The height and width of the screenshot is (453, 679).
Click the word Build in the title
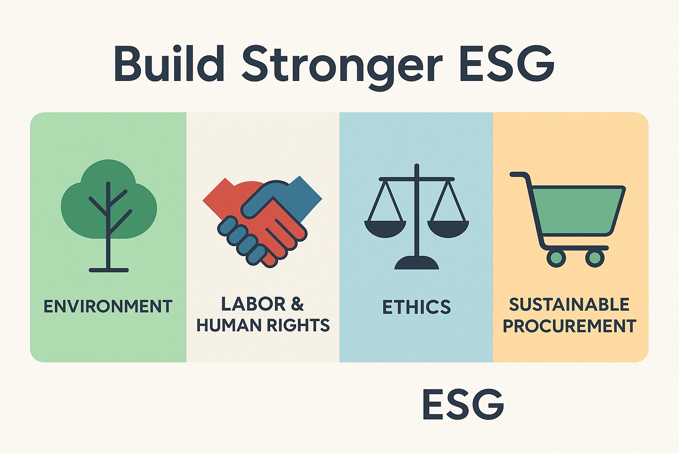pyautogui.click(x=169, y=64)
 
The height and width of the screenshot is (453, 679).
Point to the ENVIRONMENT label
pyautogui.click(x=108, y=306)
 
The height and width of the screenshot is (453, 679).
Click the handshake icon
pyautogui.click(x=262, y=222)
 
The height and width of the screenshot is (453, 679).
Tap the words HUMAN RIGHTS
pyautogui.click(x=263, y=325)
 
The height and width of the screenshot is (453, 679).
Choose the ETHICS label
pyautogui.click(x=416, y=307)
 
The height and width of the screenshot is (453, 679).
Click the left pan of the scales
pyautogui.click(x=385, y=229)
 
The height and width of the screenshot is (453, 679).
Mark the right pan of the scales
pyautogui.click(x=448, y=229)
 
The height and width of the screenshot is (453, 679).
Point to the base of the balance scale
pyautogui.click(x=416, y=263)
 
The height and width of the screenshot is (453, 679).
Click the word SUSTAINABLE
pyautogui.click(x=569, y=304)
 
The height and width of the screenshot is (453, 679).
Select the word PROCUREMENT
pyautogui.click(x=569, y=326)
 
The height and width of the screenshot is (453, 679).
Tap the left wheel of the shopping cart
pyautogui.click(x=556, y=258)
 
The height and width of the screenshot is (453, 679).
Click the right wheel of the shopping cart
pyautogui.click(x=595, y=258)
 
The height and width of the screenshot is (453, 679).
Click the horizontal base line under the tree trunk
pyautogui.click(x=108, y=270)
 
